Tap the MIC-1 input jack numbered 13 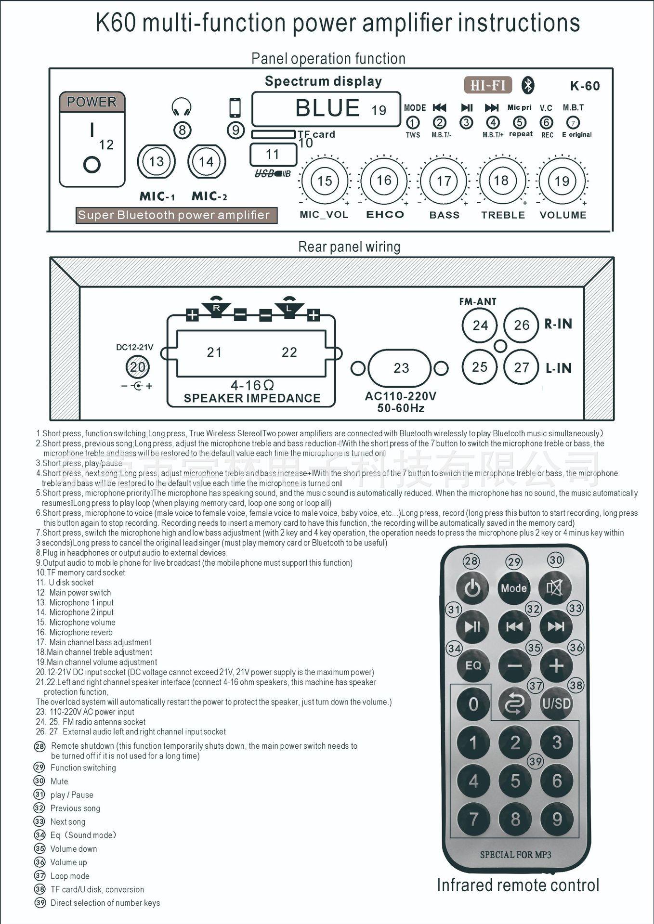click(156, 162)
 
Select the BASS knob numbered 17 click(444, 181)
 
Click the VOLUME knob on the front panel click(562, 181)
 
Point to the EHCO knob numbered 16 click(384, 181)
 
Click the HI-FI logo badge click(488, 85)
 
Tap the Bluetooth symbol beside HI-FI click(528, 86)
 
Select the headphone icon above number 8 click(182, 107)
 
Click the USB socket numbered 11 click(273, 155)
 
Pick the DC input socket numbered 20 click(138, 367)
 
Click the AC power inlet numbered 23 click(401, 368)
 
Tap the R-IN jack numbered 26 click(522, 325)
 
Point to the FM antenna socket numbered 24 click(480, 325)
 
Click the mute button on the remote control click(555, 587)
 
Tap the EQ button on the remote click(473, 665)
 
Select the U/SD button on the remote click(556, 704)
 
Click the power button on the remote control click(472, 587)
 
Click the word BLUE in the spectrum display click(327, 108)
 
